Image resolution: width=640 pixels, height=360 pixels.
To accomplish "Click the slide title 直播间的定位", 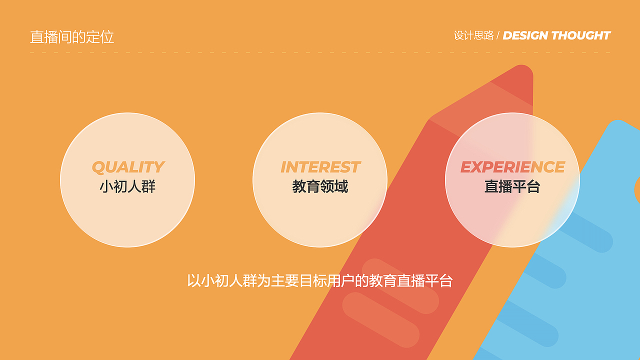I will (72, 36).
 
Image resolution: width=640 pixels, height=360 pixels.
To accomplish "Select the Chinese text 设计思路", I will (473, 35).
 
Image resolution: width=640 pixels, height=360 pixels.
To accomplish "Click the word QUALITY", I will (128, 167).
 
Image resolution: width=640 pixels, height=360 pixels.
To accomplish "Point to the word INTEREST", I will (320, 167).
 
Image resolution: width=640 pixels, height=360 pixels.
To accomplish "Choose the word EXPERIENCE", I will (512, 167).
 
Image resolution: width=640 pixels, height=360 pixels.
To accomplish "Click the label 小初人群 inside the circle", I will (127, 186).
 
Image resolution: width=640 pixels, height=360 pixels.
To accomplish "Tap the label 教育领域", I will (320, 186).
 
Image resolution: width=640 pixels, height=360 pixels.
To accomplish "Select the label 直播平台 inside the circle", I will (512, 186).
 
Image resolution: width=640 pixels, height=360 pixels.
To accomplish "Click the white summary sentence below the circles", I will (319, 280).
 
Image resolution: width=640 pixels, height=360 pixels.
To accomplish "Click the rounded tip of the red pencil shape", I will (522, 72).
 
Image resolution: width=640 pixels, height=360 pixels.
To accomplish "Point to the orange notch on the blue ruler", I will (637, 190).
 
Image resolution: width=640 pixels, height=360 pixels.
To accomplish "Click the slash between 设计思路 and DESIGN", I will (498, 36).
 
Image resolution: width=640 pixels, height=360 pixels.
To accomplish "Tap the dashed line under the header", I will (320, 52).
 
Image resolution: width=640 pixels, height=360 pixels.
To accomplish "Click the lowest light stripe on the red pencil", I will (380, 319).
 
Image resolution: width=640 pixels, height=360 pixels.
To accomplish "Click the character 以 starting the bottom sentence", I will (193, 280).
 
